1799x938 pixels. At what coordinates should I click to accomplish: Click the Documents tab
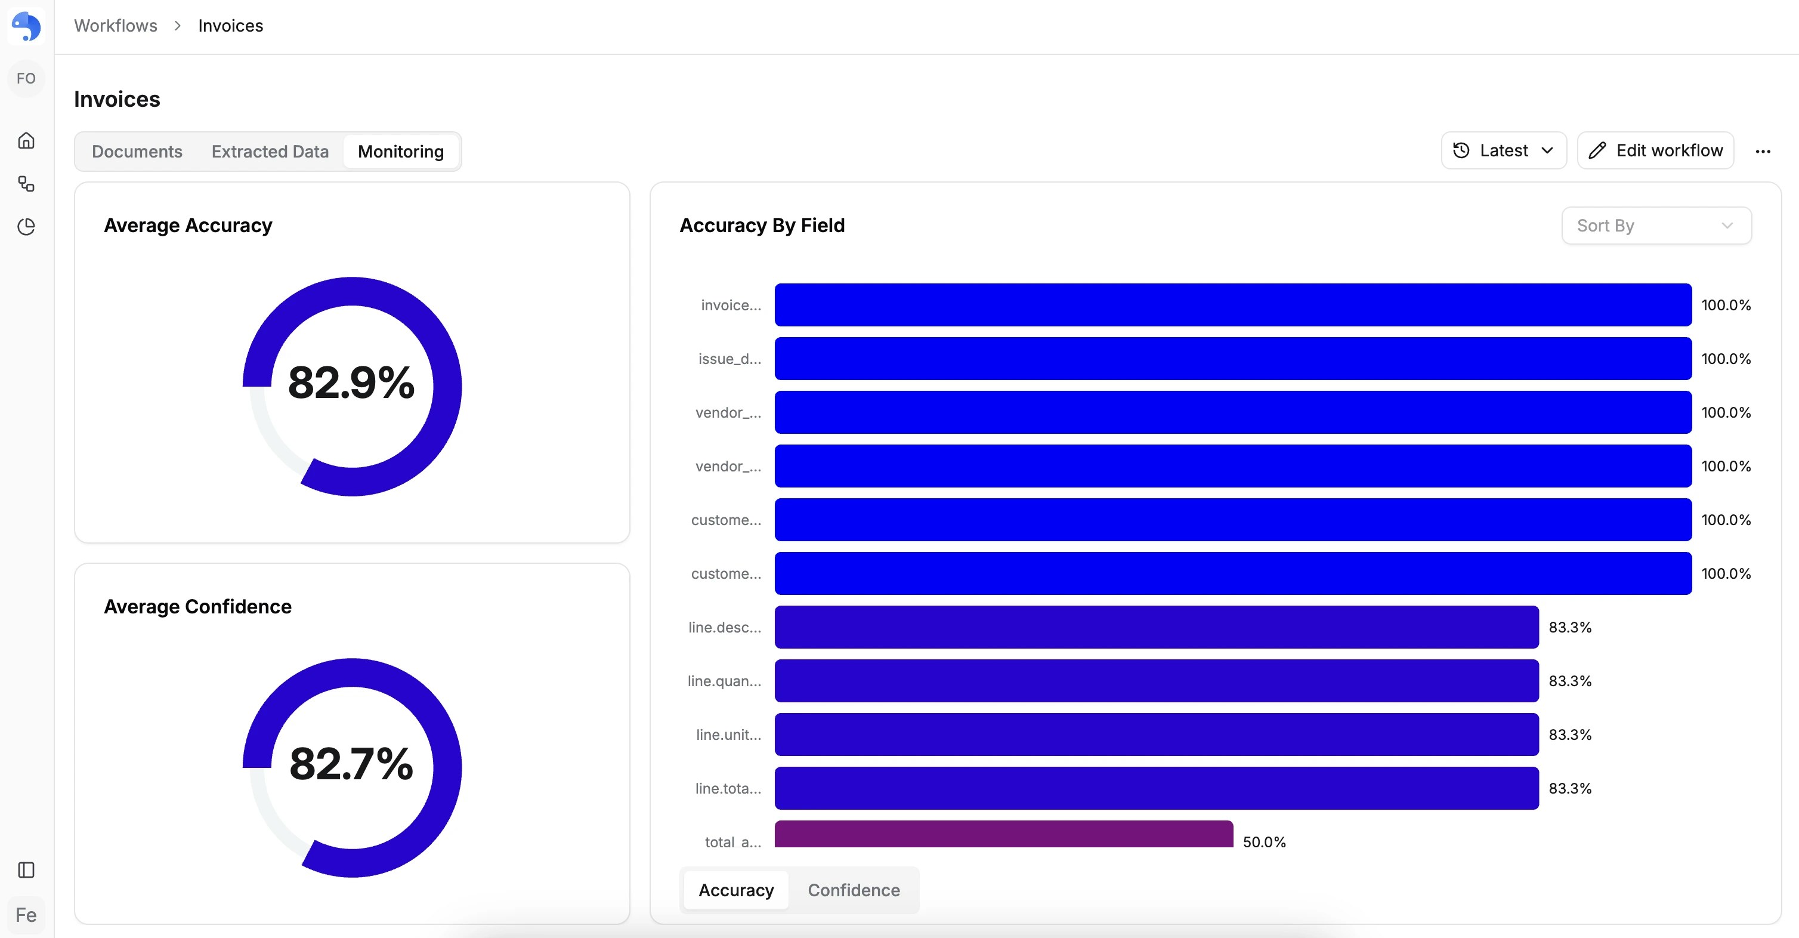pyautogui.click(x=137, y=152)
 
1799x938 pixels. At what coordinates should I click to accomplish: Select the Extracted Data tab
pyautogui.click(x=270, y=152)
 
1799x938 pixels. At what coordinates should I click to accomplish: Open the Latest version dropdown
pyautogui.click(x=1504, y=151)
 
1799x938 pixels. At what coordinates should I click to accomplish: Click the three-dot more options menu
pyautogui.click(x=1763, y=152)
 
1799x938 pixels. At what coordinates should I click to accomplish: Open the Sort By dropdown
pyautogui.click(x=1656, y=226)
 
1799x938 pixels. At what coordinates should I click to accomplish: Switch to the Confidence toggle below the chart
pyautogui.click(x=854, y=890)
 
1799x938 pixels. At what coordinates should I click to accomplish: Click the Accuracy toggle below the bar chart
pyautogui.click(x=736, y=890)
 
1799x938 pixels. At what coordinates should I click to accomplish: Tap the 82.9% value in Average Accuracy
pyautogui.click(x=351, y=382)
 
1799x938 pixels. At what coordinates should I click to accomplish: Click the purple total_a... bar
pyautogui.click(x=1003, y=835)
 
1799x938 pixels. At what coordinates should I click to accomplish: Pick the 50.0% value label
pyautogui.click(x=1264, y=841)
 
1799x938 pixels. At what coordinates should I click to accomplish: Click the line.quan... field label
pyautogui.click(x=724, y=681)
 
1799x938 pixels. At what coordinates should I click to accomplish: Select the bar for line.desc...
pyautogui.click(x=1156, y=627)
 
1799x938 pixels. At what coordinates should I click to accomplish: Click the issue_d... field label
pyautogui.click(x=730, y=359)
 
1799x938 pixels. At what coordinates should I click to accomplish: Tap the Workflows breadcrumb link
pyautogui.click(x=116, y=26)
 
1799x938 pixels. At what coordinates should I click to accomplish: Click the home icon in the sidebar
pyautogui.click(x=26, y=140)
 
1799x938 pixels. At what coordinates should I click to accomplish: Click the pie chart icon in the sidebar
pyautogui.click(x=26, y=226)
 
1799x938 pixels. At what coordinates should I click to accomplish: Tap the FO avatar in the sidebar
pyautogui.click(x=26, y=78)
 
